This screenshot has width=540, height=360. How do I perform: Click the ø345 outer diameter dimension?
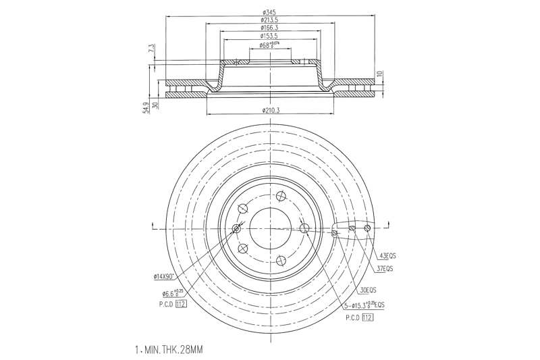[x=270, y=12]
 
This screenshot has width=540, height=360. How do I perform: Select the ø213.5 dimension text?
[x=270, y=20]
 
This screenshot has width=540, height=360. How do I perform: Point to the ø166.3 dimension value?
[x=270, y=28]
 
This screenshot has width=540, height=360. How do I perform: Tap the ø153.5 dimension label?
[x=270, y=36]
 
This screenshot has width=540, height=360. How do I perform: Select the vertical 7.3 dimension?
[x=152, y=49]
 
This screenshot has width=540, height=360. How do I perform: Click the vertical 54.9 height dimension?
[x=145, y=109]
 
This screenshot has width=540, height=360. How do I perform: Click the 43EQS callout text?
[x=387, y=256]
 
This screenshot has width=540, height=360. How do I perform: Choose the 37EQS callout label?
[x=384, y=268]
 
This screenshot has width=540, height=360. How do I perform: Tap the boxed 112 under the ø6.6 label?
[x=181, y=304]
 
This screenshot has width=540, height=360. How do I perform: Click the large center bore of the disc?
[x=269, y=228]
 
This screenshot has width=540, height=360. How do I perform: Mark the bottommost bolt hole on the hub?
[x=280, y=258]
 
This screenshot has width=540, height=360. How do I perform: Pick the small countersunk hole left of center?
[x=236, y=229]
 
